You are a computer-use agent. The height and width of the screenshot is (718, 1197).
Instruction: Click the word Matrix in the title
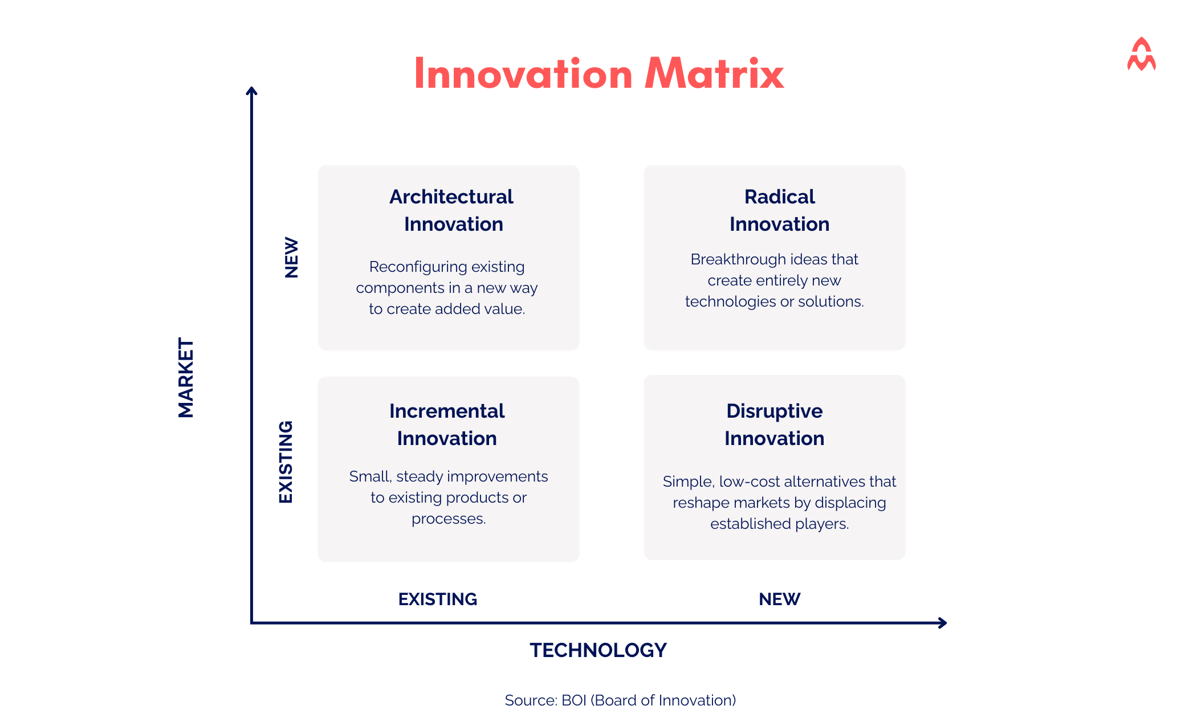[714, 74]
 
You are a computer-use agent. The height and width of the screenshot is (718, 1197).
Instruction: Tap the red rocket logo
[1141, 55]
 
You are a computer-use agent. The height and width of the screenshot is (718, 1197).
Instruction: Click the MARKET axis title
[186, 377]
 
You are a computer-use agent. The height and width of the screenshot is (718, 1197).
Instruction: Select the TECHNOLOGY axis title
[598, 650]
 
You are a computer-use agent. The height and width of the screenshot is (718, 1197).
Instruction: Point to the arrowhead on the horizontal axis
[943, 623]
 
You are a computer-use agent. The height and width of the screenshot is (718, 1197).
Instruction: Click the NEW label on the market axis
[291, 258]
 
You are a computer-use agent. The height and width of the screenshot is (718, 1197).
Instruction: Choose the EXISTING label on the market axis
[286, 462]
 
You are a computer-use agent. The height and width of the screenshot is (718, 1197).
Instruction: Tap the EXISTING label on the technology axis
[437, 599]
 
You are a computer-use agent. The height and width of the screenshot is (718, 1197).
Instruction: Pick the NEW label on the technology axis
[779, 599]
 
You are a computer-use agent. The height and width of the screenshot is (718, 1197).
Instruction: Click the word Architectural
[451, 197]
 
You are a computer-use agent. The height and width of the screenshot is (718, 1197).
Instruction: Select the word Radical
[779, 197]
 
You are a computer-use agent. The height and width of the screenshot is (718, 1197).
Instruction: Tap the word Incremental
[447, 411]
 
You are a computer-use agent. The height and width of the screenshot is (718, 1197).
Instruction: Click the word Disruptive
[774, 411]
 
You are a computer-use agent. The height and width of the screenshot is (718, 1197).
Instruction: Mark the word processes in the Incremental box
[448, 519]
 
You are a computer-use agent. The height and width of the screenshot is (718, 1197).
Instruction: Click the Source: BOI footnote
[620, 700]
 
